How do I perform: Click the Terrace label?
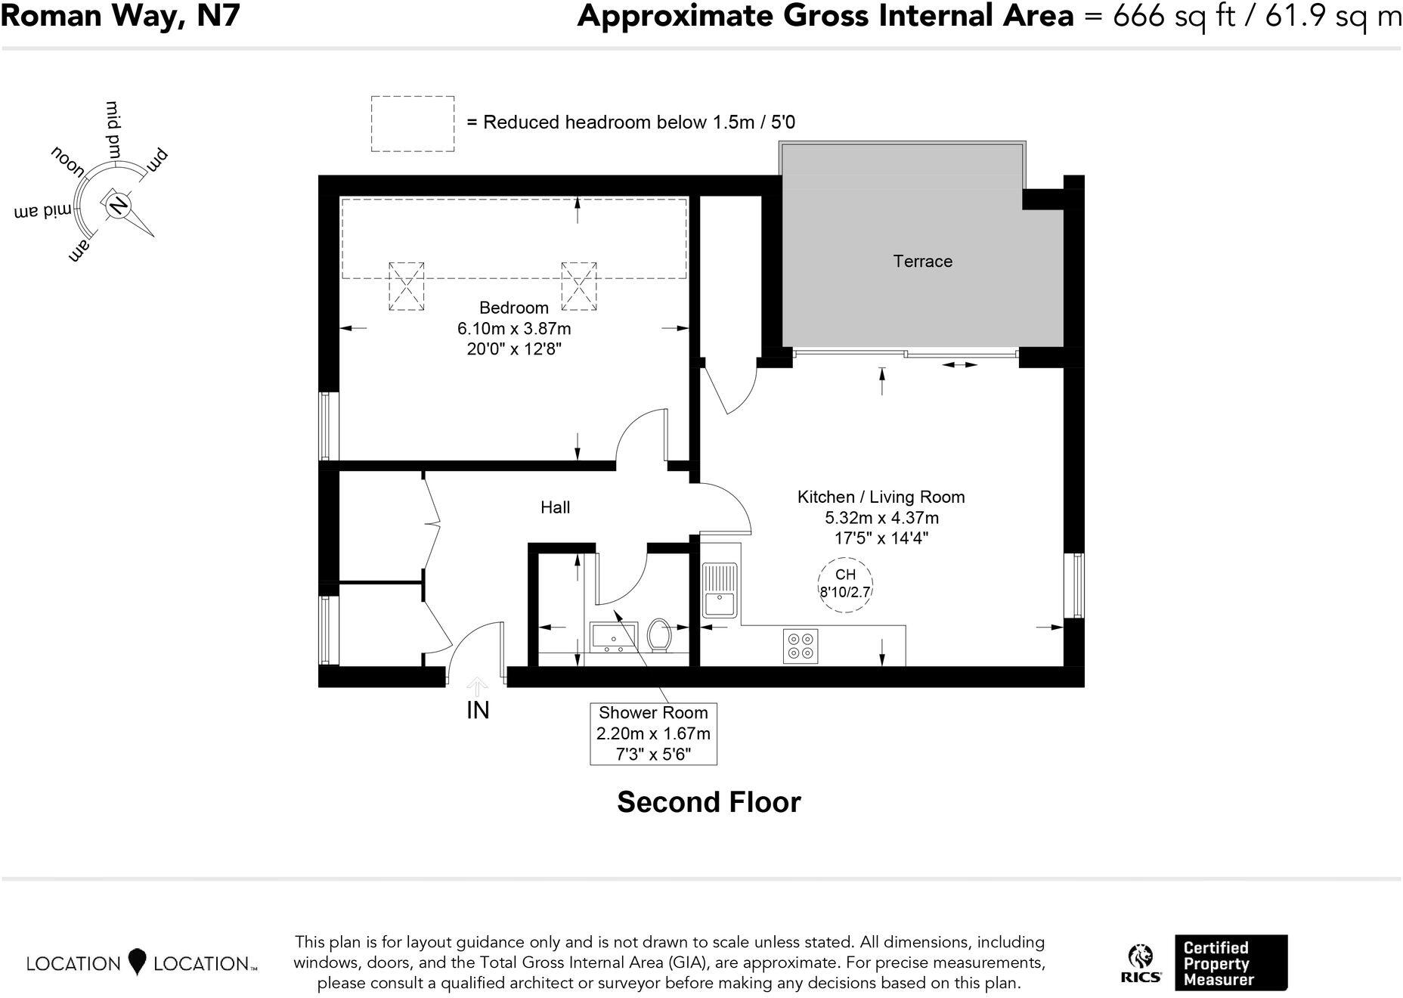click(922, 262)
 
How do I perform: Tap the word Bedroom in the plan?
click(514, 308)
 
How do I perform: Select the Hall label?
click(555, 507)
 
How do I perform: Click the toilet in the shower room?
click(659, 635)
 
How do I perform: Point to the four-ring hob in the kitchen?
click(801, 646)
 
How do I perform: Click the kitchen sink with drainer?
click(720, 590)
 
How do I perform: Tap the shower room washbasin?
click(613, 637)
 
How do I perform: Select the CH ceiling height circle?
click(845, 584)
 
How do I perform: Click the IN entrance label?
click(478, 710)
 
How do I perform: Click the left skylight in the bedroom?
click(407, 287)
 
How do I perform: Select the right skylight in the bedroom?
click(579, 287)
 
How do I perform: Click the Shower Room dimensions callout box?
click(653, 733)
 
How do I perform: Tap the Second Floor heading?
click(708, 802)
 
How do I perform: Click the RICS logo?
click(1141, 963)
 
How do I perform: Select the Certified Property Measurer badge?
click(1230, 962)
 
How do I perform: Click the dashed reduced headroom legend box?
click(413, 123)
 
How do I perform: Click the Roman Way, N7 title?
click(120, 16)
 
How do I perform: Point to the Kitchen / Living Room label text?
click(881, 497)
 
